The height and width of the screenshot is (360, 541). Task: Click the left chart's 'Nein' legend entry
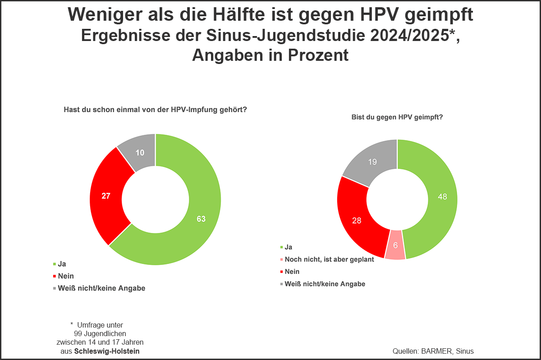(66, 276)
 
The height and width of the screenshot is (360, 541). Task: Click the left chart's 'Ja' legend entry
(62, 264)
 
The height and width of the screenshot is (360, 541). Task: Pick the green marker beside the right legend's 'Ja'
(281, 247)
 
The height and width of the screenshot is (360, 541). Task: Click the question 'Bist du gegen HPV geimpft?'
(397, 117)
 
